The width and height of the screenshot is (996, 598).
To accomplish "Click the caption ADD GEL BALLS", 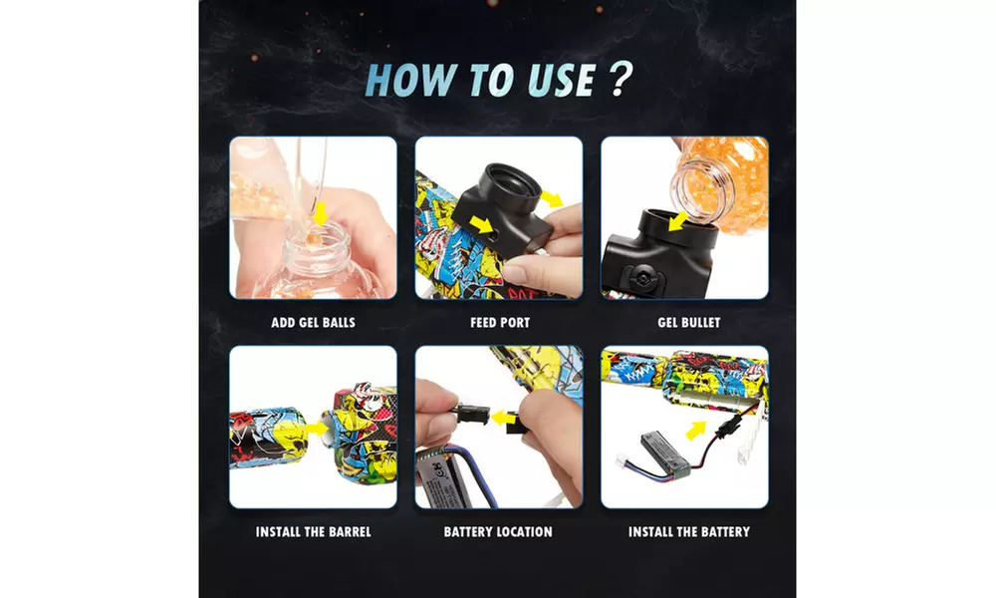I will pyautogui.click(x=313, y=323).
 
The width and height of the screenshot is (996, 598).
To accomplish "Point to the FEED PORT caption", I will pyautogui.click(x=499, y=323).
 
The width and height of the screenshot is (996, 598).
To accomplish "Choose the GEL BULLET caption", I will pyautogui.click(x=688, y=323).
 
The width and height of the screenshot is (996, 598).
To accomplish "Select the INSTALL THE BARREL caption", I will pyautogui.click(x=313, y=532).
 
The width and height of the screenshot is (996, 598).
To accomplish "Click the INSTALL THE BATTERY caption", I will pyautogui.click(x=688, y=532).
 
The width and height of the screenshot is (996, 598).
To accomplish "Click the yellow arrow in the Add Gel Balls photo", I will pyautogui.click(x=319, y=212).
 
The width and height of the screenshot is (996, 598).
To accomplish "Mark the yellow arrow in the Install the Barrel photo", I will pyautogui.click(x=319, y=427).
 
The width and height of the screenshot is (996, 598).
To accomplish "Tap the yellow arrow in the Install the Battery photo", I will pyautogui.click(x=721, y=430).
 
